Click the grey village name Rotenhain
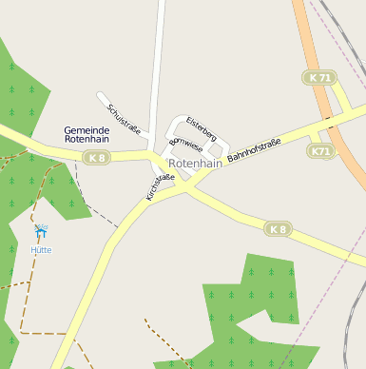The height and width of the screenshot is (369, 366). (x=195, y=164)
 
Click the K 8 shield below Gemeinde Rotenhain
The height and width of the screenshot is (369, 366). (x=95, y=157)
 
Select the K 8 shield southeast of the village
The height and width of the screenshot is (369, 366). (x=277, y=229)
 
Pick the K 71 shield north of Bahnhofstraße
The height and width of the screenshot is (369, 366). (x=320, y=77)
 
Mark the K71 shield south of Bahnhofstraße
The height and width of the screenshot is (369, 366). (x=321, y=151)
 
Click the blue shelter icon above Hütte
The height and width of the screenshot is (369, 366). (x=41, y=230)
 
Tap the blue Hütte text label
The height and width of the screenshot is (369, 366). (x=41, y=250)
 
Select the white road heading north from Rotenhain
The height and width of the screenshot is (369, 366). (x=159, y=57)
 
